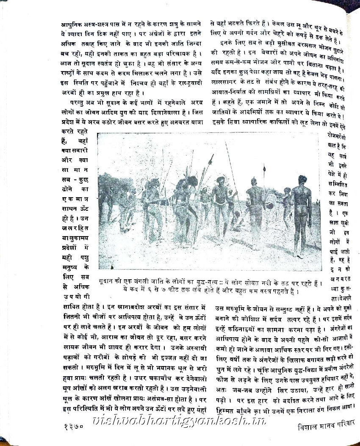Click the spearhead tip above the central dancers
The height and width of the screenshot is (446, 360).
[211, 157]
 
